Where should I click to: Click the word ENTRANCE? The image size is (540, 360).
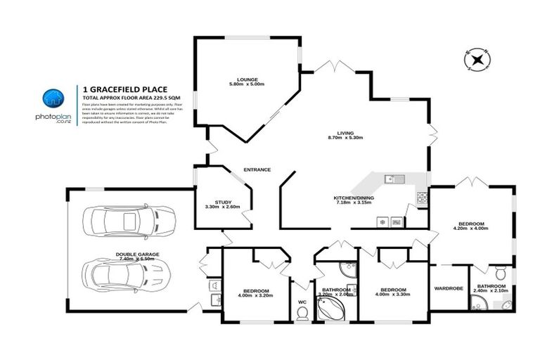(x=257, y=169)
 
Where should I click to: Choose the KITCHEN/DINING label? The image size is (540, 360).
(x=358, y=198)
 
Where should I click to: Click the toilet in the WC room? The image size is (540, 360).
(x=302, y=311)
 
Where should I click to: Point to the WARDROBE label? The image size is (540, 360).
(x=448, y=288)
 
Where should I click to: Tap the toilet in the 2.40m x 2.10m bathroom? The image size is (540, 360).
(x=500, y=273)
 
